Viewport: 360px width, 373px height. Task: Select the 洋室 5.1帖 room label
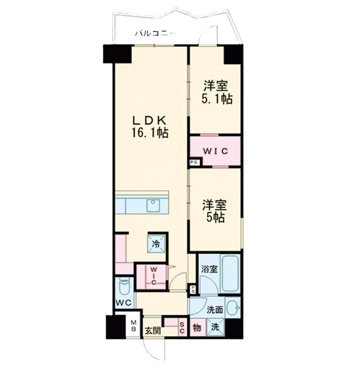point(217,92)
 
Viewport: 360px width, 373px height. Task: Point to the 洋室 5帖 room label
point(214,212)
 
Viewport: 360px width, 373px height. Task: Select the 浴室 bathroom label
point(208,270)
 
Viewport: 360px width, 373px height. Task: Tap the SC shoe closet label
point(181,328)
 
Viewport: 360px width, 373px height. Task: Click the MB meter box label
point(133,325)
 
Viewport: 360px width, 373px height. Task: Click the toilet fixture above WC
point(124,287)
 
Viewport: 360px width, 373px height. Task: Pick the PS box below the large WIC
point(194,162)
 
